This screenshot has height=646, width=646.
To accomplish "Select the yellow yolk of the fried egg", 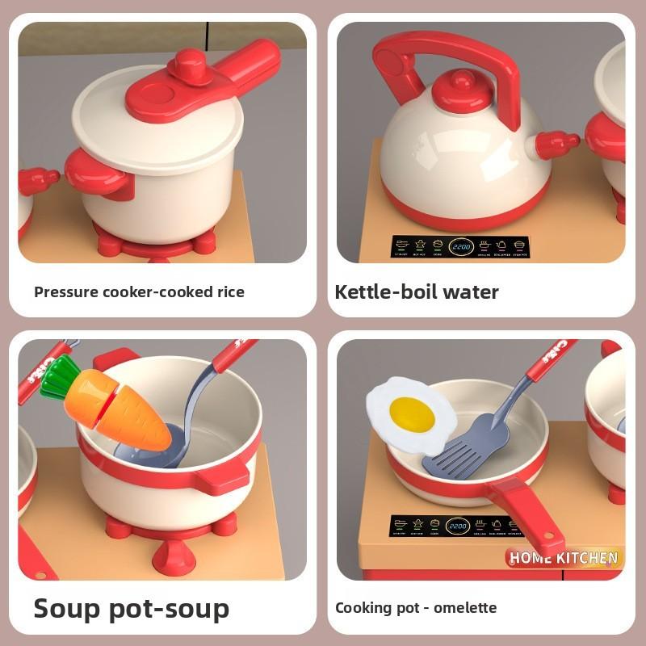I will point(411,413).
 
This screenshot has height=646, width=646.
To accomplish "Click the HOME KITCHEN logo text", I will point(564,557).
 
